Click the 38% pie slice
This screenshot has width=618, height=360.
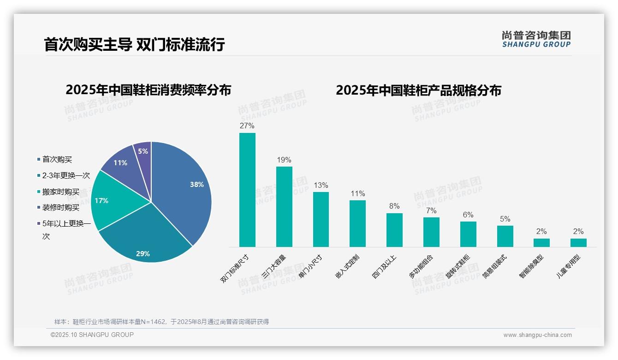point(184,185)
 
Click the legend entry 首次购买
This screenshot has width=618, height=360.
point(57,159)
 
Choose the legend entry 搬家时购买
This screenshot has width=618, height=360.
point(61,192)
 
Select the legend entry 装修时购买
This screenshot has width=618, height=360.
point(61,208)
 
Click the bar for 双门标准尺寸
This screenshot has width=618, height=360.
point(247,190)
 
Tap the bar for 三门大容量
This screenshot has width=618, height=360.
point(284,206)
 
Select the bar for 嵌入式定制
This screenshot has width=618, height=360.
point(357,223)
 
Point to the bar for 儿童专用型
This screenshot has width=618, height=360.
point(578,242)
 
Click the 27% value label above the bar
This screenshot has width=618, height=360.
point(247,126)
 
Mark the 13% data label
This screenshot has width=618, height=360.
point(321,185)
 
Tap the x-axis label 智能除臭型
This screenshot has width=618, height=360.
point(531,267)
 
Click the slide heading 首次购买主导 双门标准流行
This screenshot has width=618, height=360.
point(134,45)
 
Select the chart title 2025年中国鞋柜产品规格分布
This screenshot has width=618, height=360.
point(418,90)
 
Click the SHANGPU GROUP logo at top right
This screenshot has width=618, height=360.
point(536,39)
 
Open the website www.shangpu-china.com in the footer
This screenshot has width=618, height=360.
point(537,335)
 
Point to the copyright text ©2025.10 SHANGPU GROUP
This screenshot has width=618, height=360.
point(92,335)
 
